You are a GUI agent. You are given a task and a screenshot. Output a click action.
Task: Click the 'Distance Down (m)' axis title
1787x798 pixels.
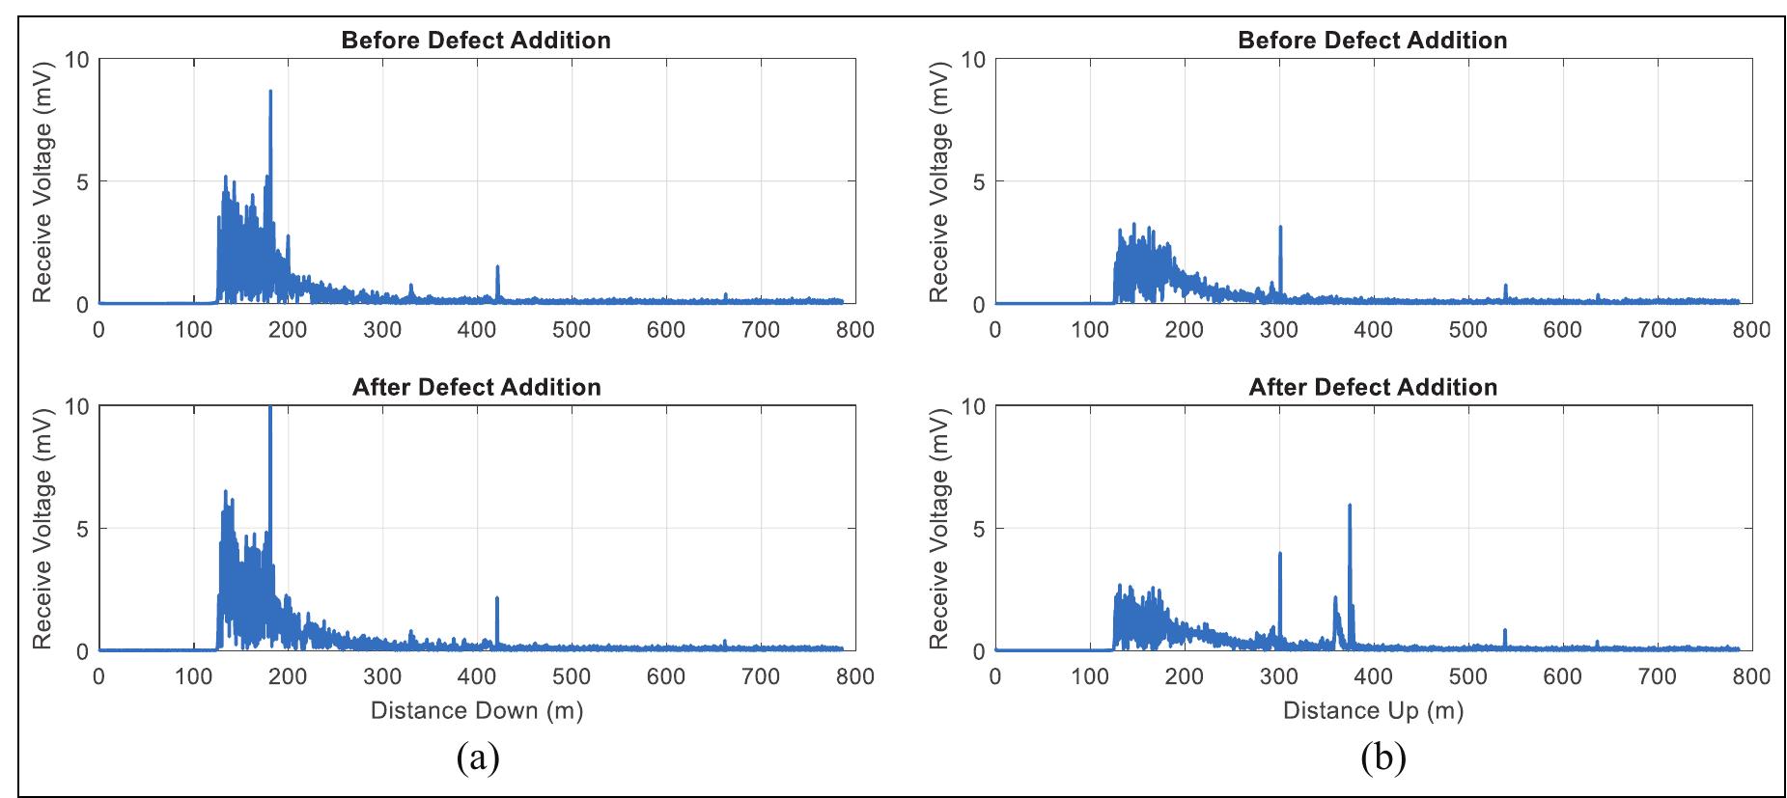pos(476,711)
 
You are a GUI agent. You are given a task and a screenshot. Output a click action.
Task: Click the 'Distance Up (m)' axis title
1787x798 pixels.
pos(1373,711)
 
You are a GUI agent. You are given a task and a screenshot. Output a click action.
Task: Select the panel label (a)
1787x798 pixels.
pos(477,758)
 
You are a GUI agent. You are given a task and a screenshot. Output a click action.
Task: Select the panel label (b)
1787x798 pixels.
pos(1382,758)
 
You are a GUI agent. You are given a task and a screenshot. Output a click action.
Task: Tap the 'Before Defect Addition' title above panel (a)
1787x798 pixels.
pos(476,41)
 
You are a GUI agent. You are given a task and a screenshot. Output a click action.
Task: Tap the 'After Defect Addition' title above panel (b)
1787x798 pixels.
pos(1373,387)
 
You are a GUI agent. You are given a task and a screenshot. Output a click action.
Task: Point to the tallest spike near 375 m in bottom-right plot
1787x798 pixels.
pos(1349,507)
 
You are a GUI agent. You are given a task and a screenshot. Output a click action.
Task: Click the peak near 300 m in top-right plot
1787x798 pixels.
pos(1280,229)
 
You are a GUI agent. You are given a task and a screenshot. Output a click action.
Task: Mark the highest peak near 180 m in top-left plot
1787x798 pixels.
pos(270,93)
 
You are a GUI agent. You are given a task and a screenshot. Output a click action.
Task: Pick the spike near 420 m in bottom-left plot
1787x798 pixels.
pos(497,600)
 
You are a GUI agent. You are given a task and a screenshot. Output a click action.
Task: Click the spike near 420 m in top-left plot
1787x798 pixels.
pos(497,267)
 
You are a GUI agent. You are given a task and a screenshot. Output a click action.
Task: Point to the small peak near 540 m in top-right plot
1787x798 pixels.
pos(1505,286)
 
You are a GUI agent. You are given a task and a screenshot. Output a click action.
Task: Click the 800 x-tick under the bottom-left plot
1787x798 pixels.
pos(854,676)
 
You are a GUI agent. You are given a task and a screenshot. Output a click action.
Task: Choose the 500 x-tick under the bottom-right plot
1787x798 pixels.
pos(1467,676)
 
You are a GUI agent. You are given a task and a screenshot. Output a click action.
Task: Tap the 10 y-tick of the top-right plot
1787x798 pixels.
pos(973,60)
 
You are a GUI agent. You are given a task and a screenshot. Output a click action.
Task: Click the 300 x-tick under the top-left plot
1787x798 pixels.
pos(382,330)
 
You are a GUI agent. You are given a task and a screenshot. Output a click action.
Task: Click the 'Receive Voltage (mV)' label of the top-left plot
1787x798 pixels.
pos(42,181)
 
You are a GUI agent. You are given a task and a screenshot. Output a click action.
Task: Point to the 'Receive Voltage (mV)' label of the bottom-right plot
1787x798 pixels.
pos(939,529)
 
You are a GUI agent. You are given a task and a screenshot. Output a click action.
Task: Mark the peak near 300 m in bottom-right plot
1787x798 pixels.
pos(1280,554)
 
